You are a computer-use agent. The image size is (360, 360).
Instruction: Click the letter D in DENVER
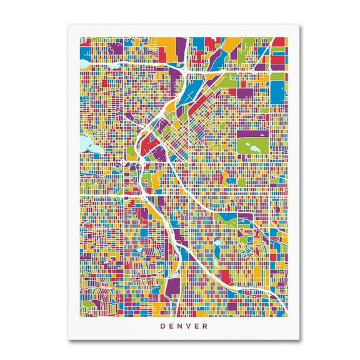pyautogui.click(x=162, y=326)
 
